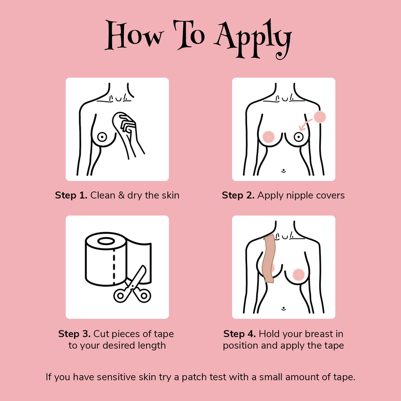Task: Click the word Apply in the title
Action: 253,39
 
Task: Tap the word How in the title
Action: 134,35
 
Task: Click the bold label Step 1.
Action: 71,195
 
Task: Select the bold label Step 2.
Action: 238,195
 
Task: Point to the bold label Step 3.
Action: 74,334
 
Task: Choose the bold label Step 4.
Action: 240,334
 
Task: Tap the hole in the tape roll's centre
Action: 106,241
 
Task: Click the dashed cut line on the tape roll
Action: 114,267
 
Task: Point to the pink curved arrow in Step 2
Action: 305,124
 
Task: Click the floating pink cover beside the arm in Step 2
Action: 320,117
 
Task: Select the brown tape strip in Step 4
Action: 269,258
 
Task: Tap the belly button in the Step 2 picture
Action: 283,170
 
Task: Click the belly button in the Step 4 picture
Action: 283,309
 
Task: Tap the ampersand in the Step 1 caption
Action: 121,195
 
